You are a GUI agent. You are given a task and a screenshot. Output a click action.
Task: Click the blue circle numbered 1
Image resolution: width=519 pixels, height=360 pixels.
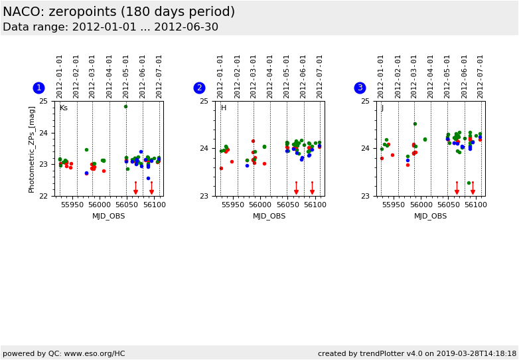point(38,88)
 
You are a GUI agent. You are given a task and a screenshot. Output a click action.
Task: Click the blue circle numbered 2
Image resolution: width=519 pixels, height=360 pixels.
point(199,88)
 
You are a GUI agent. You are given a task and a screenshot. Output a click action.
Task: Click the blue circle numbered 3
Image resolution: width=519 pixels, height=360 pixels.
point(360,88)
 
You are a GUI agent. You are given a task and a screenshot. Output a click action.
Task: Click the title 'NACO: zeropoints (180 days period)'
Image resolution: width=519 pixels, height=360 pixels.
point(119,12)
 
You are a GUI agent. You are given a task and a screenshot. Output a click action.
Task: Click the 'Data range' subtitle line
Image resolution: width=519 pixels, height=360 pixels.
point(110,27)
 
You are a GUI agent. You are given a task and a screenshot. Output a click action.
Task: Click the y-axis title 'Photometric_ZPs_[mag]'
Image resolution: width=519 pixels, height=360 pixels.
point(32,149)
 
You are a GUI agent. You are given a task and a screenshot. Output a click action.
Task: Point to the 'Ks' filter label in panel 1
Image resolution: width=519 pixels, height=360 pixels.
point(63,108)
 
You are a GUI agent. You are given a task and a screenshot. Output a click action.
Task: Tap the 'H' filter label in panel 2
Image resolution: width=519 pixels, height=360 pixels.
point(224,108)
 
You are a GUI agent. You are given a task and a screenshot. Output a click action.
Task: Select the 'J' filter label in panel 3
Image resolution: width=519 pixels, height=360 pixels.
point(382,108)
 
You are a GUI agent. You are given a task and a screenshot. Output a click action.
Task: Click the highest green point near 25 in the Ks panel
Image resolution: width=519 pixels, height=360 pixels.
point(125,106)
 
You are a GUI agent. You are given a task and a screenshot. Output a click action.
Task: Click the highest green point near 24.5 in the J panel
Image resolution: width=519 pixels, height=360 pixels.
point(415,124)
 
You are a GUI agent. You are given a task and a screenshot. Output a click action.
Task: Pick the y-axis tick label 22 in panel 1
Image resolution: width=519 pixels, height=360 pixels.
point(43,196)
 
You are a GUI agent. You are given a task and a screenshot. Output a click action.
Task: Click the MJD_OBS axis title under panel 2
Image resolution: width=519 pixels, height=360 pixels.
point(269,216)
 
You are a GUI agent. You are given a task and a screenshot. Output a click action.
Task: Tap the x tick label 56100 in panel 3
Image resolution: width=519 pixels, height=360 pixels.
point(475,205)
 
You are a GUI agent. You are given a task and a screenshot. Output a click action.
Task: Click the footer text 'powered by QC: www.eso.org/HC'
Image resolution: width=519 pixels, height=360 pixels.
point(64,353)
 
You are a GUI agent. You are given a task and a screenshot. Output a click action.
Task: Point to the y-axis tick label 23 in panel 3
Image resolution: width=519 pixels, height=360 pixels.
point(364,196)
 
